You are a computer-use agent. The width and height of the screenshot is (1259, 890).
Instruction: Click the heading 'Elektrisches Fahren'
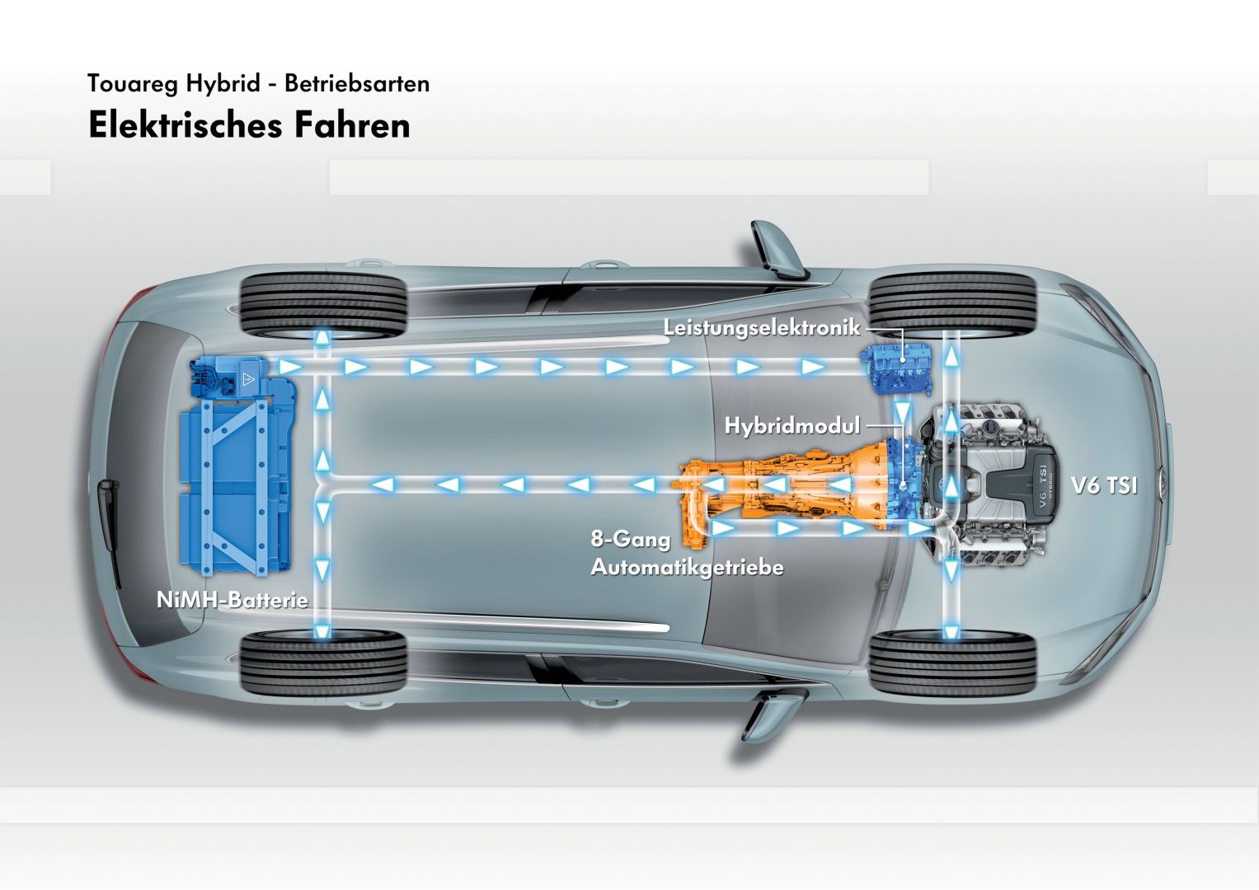pos(249,126)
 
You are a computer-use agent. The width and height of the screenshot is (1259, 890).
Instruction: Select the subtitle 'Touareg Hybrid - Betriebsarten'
pos(258,84)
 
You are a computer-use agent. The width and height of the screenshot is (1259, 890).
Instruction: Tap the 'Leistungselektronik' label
pos(761,328)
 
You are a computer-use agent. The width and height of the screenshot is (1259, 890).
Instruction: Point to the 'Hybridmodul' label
pos(792,425)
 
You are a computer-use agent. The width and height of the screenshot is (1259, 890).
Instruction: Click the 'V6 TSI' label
pos(1103,486)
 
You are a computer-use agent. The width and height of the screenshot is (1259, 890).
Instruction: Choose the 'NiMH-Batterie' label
pos(232,600)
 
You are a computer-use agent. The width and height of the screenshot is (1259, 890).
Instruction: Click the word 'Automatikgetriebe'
pos(686,567)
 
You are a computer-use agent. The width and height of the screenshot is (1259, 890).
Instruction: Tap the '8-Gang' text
pos(630,540)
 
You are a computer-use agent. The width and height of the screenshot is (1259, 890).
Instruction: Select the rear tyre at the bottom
pos(323,662)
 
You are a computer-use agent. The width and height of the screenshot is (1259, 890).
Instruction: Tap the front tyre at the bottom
pos(952,662)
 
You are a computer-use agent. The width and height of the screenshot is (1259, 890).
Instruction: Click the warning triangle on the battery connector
pos(247,379)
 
